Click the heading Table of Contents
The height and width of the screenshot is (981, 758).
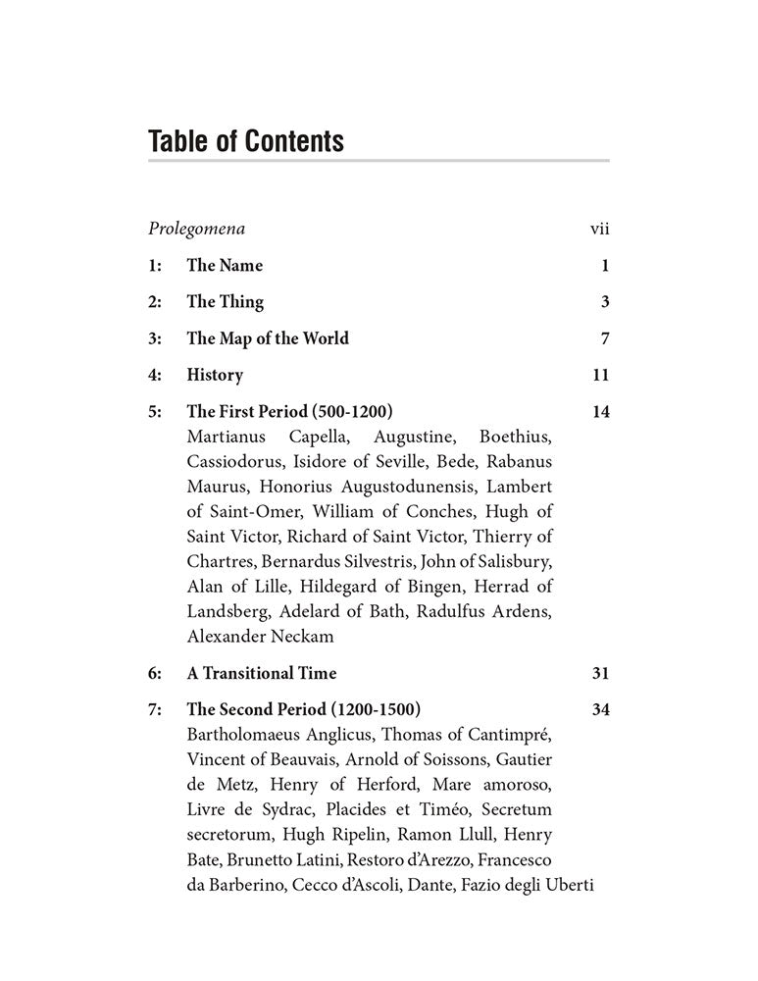click(x=246, y=141)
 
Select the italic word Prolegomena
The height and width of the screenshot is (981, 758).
click(x=196, y=230)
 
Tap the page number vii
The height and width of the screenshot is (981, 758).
click(x=599, y=230)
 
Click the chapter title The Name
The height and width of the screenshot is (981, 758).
click(x=225, y=266)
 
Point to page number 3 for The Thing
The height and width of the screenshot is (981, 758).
click(x=605, y=302)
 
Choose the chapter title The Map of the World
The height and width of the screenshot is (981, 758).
click(x=268, y=338)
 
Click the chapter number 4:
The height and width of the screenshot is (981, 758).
click(x=154, y=375)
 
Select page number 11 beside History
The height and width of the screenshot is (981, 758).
click(x=601, y=375)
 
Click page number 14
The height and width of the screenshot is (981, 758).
click(x=601, y=412)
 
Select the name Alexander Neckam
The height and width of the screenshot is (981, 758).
click(x=260, y=637)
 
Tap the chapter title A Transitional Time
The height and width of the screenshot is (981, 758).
click(x=262, y=673)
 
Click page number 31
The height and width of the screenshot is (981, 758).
click(x=601, y=673)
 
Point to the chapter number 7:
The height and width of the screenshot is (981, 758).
click(x=154, y=710)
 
